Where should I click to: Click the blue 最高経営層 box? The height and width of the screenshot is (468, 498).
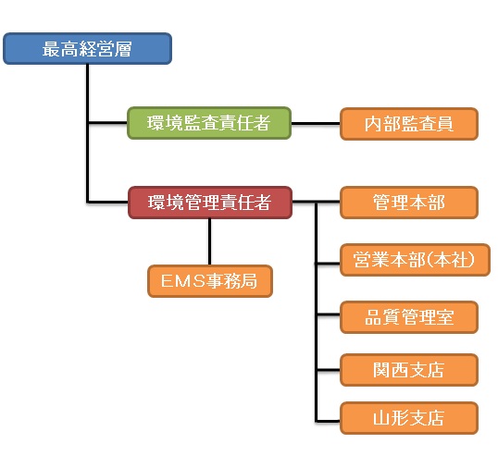click(87, 48)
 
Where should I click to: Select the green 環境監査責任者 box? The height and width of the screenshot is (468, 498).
click(209, 123)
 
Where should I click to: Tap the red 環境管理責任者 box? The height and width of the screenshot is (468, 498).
click(210, 203)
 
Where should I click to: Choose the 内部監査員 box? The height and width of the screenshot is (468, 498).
click(409, 124)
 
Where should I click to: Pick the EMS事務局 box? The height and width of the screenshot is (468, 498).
click(210, 281)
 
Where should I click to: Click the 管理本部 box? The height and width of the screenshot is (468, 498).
click(409, 203)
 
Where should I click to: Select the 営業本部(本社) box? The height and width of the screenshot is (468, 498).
click(415, 260)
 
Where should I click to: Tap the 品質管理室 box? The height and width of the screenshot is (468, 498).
click(409, 317)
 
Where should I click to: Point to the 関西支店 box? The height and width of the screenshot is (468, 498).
click(409, 370)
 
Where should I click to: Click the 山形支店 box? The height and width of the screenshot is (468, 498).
click(409, 418)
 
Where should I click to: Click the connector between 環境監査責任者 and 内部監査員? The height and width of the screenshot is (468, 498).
click(316, 123)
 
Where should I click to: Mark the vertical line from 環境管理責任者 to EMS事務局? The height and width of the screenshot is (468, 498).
click(209, 241)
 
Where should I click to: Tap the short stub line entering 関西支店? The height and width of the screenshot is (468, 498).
click(328, 370)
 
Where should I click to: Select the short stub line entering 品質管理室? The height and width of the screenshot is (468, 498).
click(328, 314)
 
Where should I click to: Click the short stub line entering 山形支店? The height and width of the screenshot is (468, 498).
click(328, 422)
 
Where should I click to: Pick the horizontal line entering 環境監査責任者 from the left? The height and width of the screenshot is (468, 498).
click(107, 122)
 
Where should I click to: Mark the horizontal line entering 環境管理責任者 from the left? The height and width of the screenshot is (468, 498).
click(107, 202)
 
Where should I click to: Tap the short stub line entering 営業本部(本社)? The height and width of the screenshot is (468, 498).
click(328, 263)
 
